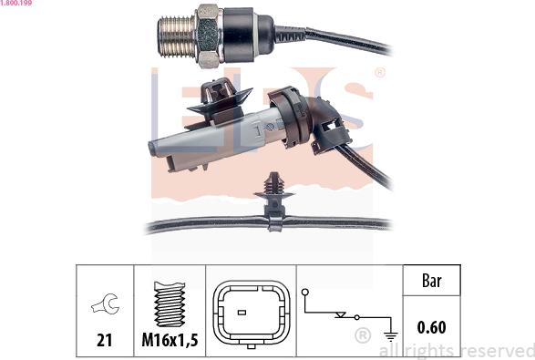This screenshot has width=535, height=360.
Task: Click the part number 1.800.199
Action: pyautogui.click(x=16, y=3)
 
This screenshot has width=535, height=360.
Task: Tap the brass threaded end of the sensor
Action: pyautogui.click(x=176, y=36)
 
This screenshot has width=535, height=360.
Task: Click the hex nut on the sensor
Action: pyautogui.click(x=208, y=36)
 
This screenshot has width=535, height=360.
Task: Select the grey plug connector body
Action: pyautogui.click(x=215, y=139)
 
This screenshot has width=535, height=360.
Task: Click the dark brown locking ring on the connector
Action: pyautogui.click(x=290, y=116)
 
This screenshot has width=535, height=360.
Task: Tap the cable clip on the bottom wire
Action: pyautogui.click(x=274, y=202)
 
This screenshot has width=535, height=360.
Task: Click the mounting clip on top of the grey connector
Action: pyautogui.click(x=220, y=99)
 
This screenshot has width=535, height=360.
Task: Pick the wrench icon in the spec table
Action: pyautogui.click(x=105, y=303)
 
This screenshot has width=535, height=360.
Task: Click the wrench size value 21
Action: pyautogui.click(x=105, y=340)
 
